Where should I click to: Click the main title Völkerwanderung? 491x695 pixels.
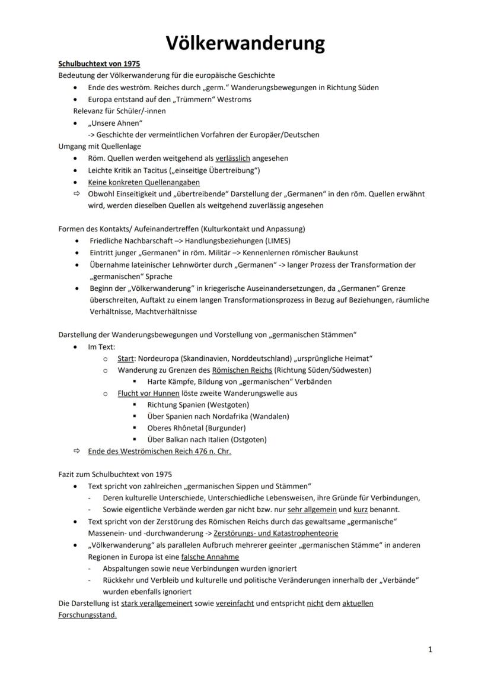point(245,43)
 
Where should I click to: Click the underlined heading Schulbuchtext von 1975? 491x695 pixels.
point(99,64)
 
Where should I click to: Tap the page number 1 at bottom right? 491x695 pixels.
point(430,650)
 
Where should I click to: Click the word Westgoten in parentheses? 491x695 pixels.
point(228,404)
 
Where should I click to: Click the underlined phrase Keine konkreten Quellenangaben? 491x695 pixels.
point(144,182)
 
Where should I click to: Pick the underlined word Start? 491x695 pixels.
point(125,358)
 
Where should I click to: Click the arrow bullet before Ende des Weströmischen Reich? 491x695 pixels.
point(76,451)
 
